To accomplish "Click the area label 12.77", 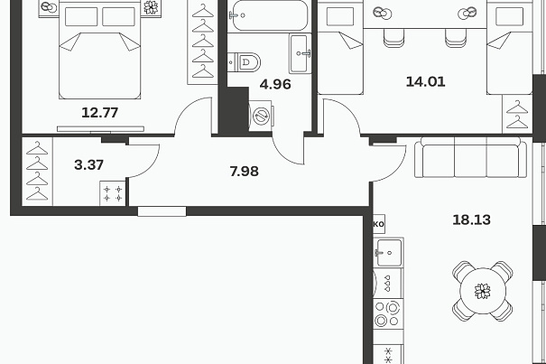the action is click(x=99, y=113).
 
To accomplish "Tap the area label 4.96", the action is click(x=275, y=84).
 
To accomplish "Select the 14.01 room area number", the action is click(x=425, y=81).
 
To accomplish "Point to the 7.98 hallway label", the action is click(x=244, y=172).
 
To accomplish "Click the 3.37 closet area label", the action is click(x=88, y=164).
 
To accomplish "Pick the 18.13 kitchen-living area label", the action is click(x=471, y=219).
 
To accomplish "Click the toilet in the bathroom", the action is click(x=245, y=62).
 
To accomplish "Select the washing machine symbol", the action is click(x=261, y=116).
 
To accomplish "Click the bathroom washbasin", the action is click(x=300, y=53).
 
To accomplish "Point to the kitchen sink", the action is click(x=389, y=252).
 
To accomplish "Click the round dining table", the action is click(x=483, y=291).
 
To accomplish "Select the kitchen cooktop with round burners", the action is click(x=388, y=313).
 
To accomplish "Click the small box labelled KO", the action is click(x=379, y=223).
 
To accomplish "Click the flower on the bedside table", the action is click(x=151, y=7).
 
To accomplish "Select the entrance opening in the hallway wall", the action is click(x=162, y=211).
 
